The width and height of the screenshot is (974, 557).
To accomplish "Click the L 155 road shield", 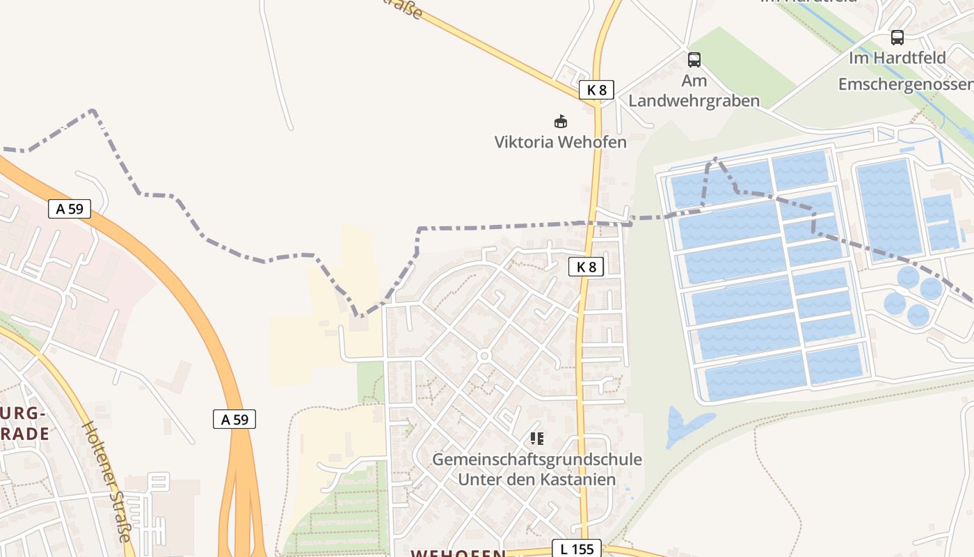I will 577,549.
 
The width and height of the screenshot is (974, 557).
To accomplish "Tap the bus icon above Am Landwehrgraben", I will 694,60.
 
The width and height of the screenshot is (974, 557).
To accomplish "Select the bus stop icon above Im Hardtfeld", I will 897,38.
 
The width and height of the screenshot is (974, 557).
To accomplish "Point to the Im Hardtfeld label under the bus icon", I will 897,58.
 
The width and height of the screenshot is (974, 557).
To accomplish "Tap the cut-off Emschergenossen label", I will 905,84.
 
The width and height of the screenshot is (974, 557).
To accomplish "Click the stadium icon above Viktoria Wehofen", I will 561,122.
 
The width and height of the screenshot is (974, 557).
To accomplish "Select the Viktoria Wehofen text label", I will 560,142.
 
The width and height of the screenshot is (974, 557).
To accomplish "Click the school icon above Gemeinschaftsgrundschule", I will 536,439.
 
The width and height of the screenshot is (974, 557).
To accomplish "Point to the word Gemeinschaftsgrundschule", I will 536,460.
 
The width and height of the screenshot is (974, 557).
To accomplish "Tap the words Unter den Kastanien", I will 536,480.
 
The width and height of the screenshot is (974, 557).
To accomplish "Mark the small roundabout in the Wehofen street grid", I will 484,356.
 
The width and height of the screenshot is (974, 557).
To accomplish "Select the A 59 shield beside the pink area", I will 70,208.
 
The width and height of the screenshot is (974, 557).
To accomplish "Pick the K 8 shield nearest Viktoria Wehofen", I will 596,90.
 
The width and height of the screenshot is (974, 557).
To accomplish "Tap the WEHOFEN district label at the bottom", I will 458,553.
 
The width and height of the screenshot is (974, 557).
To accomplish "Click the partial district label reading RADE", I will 25,434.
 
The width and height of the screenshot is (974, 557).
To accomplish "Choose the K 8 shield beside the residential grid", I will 586,267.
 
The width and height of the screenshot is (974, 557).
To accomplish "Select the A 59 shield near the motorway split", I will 234,419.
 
